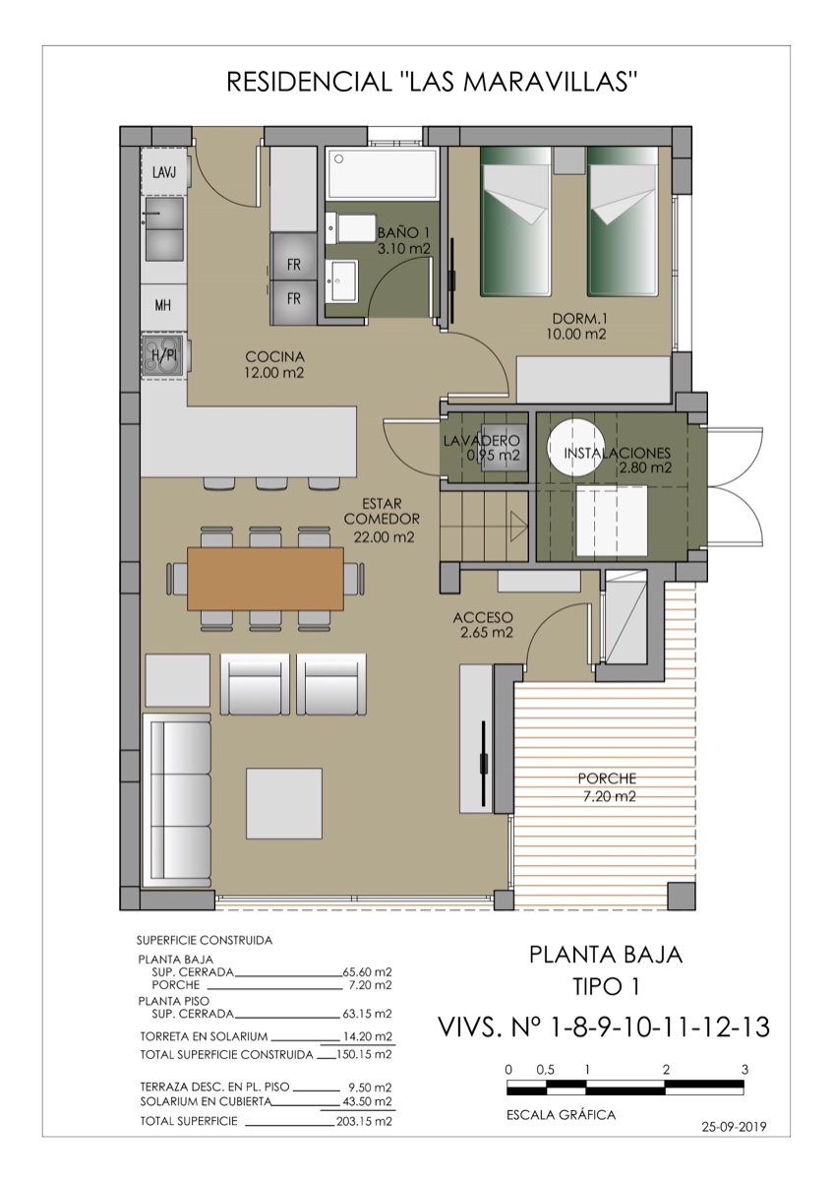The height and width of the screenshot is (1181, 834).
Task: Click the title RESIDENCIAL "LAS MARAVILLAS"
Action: click(x=433, y=82)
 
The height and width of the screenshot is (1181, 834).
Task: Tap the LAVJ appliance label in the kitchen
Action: click(x=164, y=172)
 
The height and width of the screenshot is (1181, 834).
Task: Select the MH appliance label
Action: click(x=163, y=305)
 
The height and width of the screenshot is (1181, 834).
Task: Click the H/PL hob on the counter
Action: click(x=163, y=355)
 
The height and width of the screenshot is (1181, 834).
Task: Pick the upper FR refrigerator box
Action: click(x=294, y=265)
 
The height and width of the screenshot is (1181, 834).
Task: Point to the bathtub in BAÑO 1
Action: click(x=383, y=172)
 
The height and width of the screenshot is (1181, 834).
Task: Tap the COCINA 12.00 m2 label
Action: click(x=274, y=364)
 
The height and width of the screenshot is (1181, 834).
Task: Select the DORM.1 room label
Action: click(x=576, y=326)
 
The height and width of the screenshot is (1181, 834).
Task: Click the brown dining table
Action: click(x=265, y=578)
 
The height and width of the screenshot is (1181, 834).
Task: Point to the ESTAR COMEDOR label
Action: click(x=384, y=519)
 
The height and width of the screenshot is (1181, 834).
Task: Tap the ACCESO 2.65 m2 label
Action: click(x=483, y=625)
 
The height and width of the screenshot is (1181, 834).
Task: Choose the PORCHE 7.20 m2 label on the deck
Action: click(x=607, y=786)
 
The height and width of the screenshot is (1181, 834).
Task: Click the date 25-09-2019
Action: click(x=734, y=1127)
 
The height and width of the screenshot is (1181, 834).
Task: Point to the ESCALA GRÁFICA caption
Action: click(x=561, y=1115)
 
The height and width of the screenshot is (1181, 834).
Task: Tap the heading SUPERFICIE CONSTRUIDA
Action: click(x=205, y=940)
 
